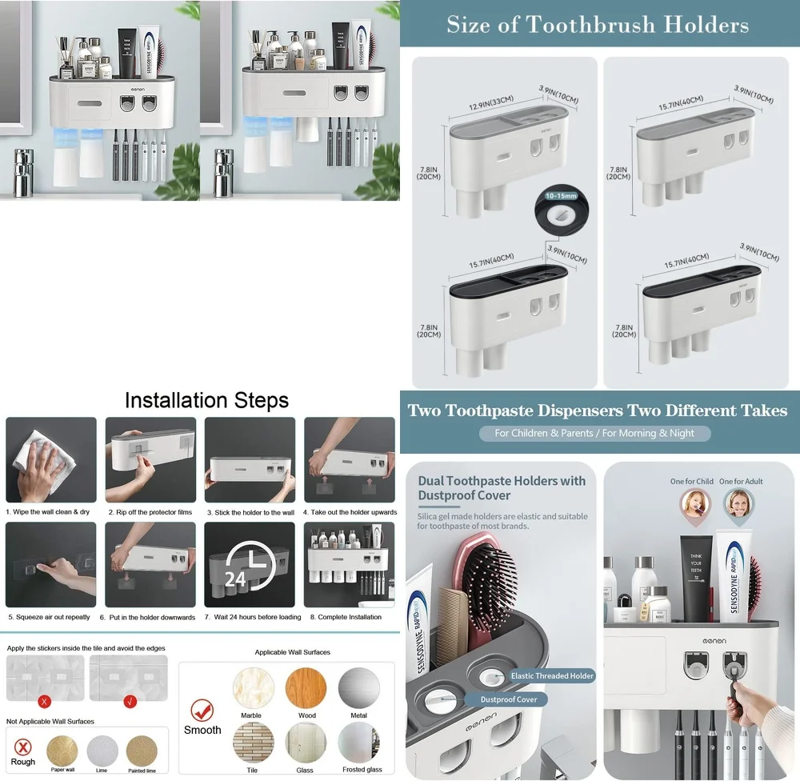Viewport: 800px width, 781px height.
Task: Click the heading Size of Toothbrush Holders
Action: point(598,25)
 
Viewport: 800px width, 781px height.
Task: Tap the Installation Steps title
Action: point(206,400)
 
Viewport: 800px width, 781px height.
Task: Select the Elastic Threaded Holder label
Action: point(552,676)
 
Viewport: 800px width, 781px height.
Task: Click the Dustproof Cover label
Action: point(509,699)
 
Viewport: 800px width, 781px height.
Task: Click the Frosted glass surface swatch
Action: point(358,743)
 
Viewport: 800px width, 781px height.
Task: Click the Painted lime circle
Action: point(142,751)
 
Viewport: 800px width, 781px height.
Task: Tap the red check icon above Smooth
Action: point(202,709)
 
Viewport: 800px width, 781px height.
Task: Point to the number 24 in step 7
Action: point(234,579)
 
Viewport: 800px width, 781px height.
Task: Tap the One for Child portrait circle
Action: point(694,503)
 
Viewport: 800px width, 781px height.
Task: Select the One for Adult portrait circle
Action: point(740,503)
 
